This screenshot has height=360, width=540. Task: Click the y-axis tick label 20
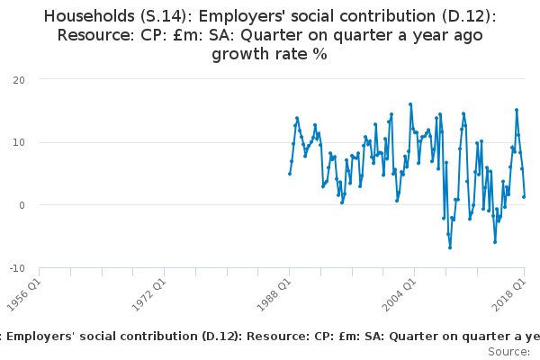pyautogui.click(x=19, y=80)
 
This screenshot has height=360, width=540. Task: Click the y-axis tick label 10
pyautogui.click(x=19, y=142)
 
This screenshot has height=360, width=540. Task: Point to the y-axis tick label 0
pyautogui.click(x=22, y=205)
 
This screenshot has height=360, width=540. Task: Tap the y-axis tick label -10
pyautogui.click(x=17, y=268)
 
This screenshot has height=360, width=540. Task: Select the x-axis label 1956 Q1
pyautogui.click(x=23, y=295)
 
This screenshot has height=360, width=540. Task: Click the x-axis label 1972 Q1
pyautogui.click(x=148, y=295)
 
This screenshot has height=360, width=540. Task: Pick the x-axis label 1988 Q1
pyautogui.click(x=274, y=295)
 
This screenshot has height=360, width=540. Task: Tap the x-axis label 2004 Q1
pyautogui.click(x=399, y=295)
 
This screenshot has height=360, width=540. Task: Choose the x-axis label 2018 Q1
pyautogui.click(x=509, y=295)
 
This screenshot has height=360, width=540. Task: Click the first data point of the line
pyautogui.click(x=290, y=174)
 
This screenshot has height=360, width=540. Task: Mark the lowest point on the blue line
pyautogui.click(x=450, y=247)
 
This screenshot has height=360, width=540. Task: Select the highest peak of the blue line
pyautogui.click(x=410, y=104)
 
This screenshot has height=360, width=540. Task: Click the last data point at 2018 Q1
pyautogui.click(x=524, y=197)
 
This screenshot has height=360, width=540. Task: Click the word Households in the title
pyautogui.click(x=89, y=16)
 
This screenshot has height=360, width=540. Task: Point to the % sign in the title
pyautogui.click(x=319, y=54)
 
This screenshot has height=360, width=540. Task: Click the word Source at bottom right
pyautogui.click(x=508, y=352)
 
